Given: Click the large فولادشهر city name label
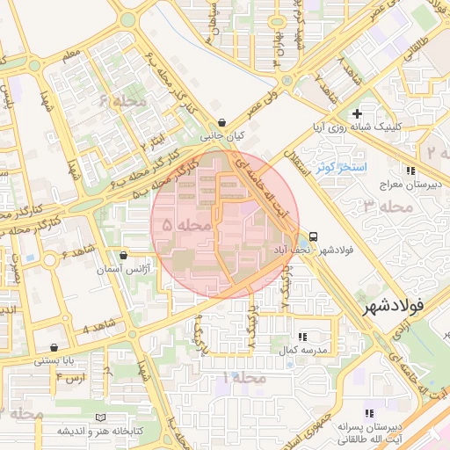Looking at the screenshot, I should click(x=405, y=307).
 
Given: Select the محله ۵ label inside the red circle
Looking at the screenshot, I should click(x=186, y=226).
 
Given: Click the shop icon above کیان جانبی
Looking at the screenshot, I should click(x=221, y=123).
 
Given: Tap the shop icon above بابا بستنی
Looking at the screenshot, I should click(x=54, y=347).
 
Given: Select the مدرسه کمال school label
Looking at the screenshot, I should click(x=303, y=350).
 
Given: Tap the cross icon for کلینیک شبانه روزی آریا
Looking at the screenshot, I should click(x=356, y=113).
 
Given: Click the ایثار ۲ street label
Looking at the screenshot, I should click(x=155, y=142).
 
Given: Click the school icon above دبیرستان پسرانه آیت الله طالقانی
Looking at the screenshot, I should click(x=369, y=413).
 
